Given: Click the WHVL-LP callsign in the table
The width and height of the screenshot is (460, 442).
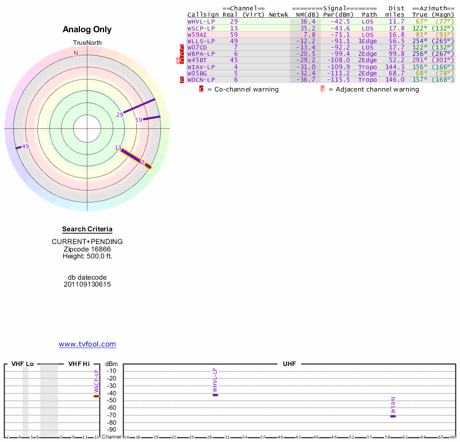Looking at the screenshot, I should tap(201, 21).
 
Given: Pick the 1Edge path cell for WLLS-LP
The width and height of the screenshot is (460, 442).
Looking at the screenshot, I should tap(367, 41).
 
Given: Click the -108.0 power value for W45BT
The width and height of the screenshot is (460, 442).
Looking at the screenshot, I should tap(336, 60).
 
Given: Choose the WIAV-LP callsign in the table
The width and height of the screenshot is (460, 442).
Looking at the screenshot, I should tap(201, 67).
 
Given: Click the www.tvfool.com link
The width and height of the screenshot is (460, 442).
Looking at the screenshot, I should tap(87, 344).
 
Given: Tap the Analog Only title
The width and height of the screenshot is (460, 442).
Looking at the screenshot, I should tap(87, 29).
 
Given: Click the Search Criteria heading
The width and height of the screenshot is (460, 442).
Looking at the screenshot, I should tap(87, 229).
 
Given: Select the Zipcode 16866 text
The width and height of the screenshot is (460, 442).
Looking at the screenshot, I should tap(87, 249).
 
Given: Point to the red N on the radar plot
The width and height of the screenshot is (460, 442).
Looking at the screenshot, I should tap(75, 54).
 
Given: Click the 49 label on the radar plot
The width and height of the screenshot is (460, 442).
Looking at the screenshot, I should tap(25, 147).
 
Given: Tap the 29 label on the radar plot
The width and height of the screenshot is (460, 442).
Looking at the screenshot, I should tap(120, 115).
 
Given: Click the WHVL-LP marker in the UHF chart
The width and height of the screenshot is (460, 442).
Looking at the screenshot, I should tap(215, 395).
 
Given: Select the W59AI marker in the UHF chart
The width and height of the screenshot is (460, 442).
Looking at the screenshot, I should tap(393, 416).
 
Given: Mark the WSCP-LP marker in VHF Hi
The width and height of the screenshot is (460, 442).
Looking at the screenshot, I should tap(97, 396).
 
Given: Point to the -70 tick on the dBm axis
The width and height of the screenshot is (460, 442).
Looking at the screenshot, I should tap(112, 415).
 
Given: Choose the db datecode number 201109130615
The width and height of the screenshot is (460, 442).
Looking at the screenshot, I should tap(87, 284).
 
